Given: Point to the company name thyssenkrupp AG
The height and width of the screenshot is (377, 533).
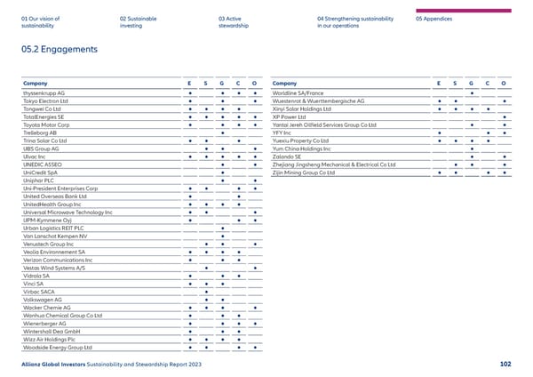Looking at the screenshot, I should point(50,92).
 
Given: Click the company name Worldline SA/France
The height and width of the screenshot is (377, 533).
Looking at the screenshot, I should point(299,92).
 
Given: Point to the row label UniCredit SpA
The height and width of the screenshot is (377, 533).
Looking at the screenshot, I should point(44,172).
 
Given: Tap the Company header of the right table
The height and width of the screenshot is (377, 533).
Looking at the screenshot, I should point(286,82).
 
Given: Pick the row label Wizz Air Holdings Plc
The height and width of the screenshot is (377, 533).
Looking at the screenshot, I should point(55,338).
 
